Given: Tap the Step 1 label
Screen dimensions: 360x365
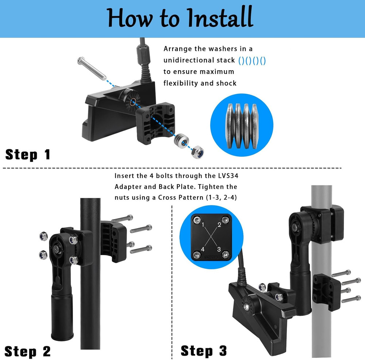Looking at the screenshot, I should (x=28, y=155).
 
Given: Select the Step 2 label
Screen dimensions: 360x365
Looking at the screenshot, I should (x=28, y=351).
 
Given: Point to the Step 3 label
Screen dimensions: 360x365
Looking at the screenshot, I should (x=204, y=350).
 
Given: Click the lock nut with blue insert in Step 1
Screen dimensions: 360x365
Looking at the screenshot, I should (x=197, y=151).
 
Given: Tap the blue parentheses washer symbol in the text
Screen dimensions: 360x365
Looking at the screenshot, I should (x=252, y=60).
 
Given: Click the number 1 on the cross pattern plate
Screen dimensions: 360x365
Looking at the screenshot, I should (x=203, y=224).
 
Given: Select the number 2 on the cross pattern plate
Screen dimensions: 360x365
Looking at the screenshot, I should (x=219, y=224).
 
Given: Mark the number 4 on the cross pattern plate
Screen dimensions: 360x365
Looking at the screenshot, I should (x=203, y=249).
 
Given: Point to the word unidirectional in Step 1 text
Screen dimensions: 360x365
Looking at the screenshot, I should (x=188, y=60).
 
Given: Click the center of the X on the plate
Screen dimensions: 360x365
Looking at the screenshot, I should (x=211, y=237).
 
